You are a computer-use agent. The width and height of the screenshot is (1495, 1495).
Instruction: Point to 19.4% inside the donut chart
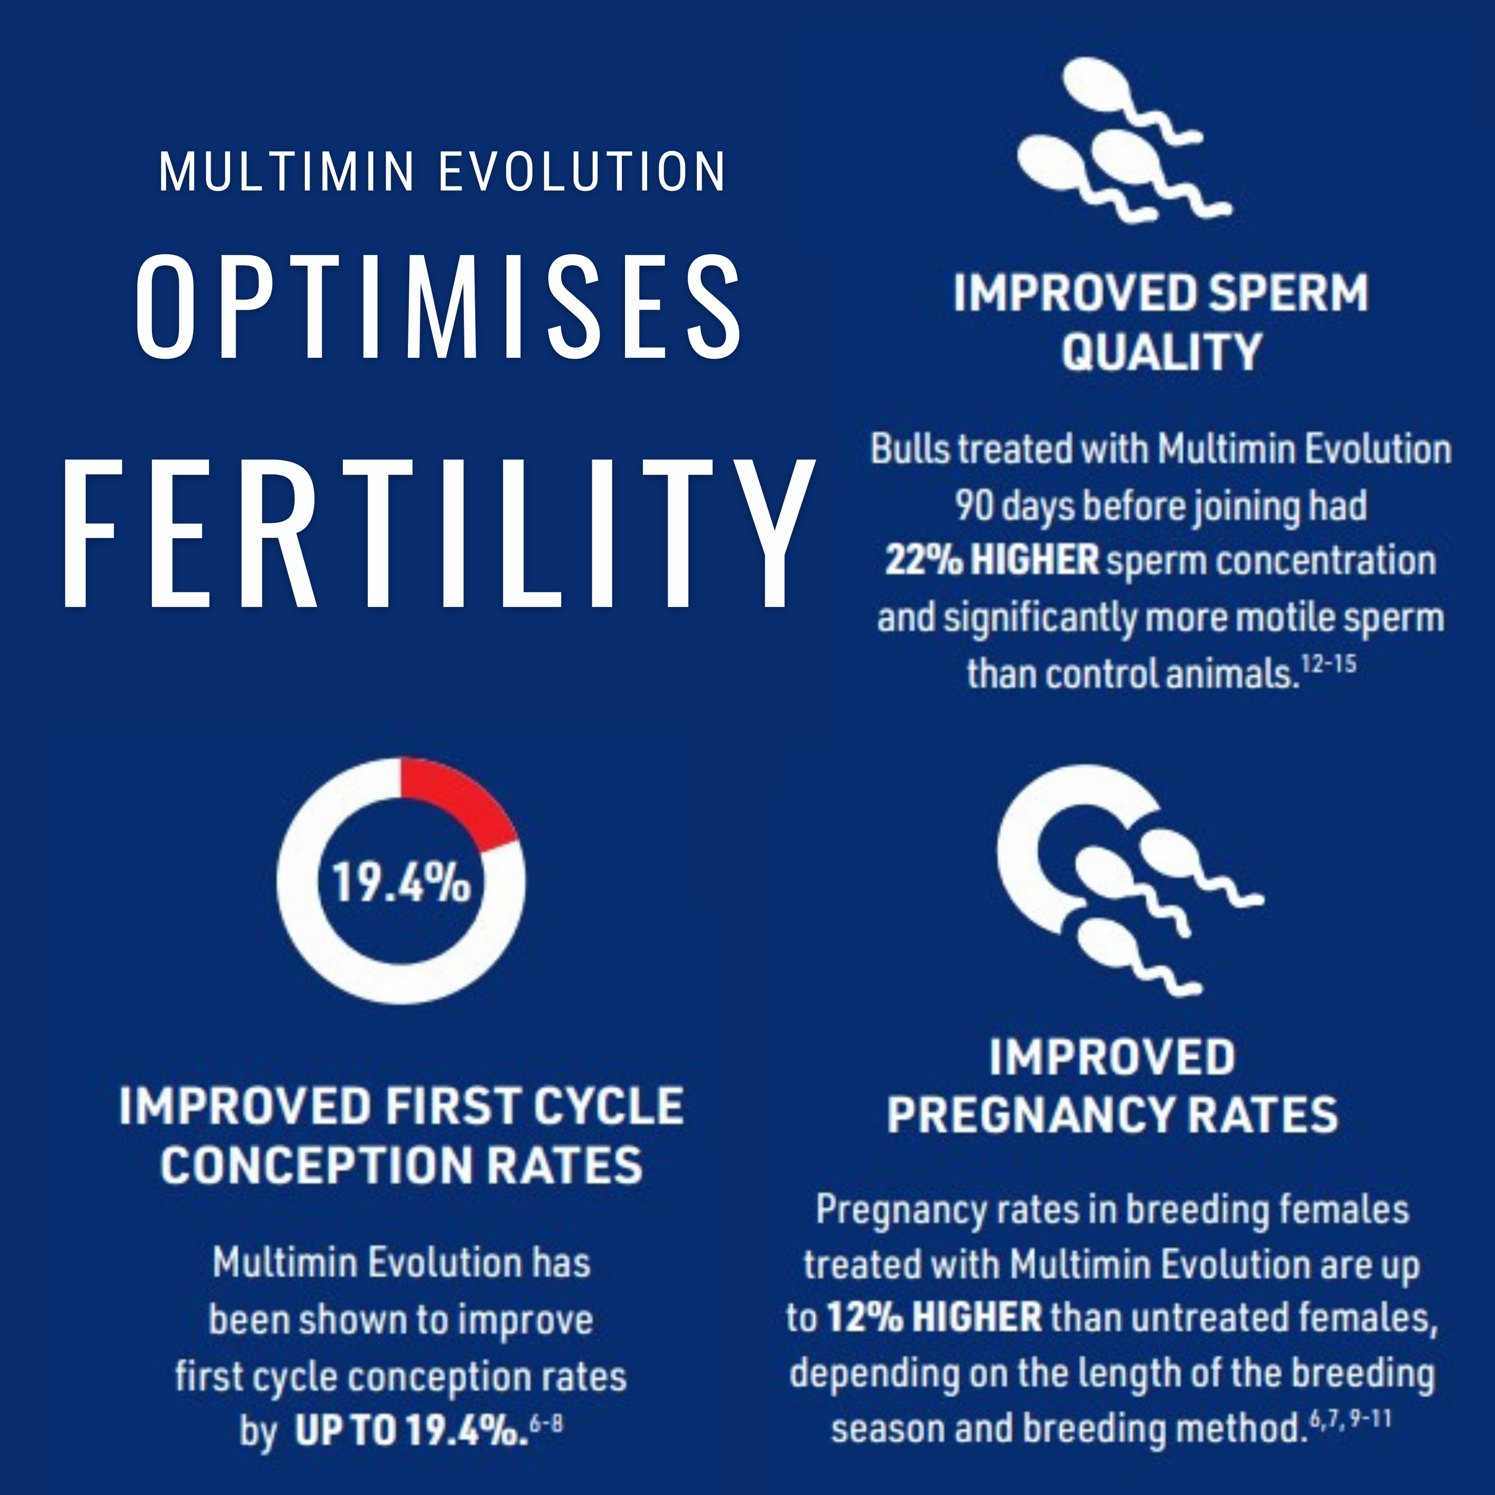click(x=401, y=882)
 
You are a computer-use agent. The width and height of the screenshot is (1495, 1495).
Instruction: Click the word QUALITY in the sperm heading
click(x=1161, y=352)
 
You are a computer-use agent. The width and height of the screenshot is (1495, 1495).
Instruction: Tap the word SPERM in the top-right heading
click(x=1289, y=293)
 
